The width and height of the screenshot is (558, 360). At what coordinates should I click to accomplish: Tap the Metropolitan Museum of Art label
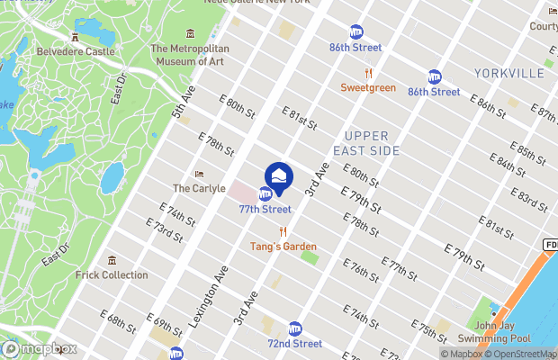click(x=190, y=55)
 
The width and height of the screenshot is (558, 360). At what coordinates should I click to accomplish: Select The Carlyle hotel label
click(x=193, y=188)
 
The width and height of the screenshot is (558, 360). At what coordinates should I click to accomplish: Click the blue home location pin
click(x=279, y=175)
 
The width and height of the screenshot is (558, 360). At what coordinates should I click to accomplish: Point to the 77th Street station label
click(x=265, y=209)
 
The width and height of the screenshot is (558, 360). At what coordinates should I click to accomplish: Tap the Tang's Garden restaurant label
click(x=283, y=246)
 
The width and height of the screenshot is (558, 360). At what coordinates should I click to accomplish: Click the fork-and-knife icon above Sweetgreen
click(x=368, y=74)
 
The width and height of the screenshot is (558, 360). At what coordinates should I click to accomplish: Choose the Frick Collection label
click(x=112, y=274)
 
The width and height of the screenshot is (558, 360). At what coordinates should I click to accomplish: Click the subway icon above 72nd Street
click(x=294, y=329)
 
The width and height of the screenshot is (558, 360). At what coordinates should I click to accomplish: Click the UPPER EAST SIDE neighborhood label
click(x=365, y=143)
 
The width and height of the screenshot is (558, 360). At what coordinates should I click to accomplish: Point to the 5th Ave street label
click(x=184, y=103)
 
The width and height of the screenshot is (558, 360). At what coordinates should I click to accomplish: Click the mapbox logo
click(x=40, y=348)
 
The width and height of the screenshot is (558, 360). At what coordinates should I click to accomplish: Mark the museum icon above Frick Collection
click(x=112, y=261)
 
